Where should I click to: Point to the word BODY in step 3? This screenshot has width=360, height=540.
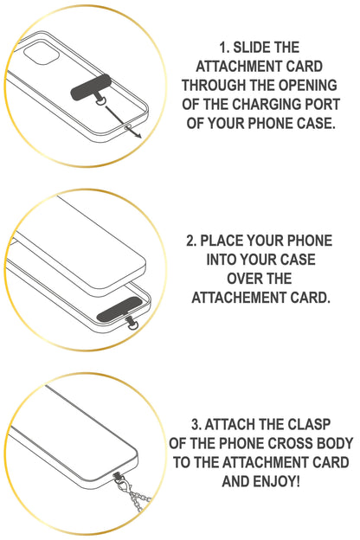[x=336, y=443]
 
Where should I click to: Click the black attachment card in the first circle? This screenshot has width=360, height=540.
[x=91, y=88]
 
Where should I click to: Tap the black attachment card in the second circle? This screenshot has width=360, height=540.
[x=119, y=309]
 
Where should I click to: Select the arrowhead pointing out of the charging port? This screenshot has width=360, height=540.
[x=138, y=135]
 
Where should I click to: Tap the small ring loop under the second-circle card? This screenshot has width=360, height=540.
[x=132, y=325]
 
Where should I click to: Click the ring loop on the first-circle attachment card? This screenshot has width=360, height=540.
[x=101, y=102]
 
